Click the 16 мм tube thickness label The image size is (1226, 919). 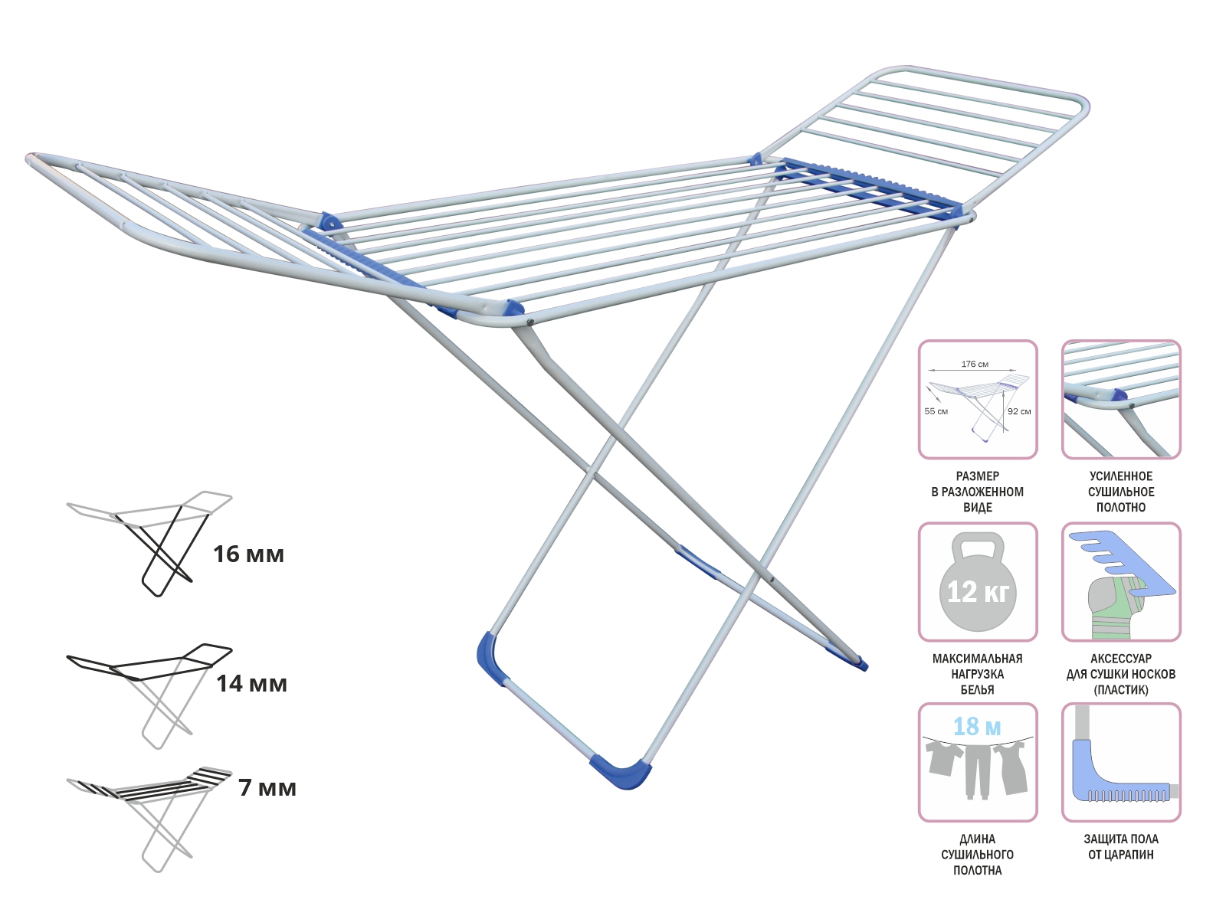(x=248, y=554)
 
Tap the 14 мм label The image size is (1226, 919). (x=251, y=684)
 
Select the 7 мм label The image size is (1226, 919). (x=267, y=787)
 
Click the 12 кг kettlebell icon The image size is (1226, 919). (x=978, y=581)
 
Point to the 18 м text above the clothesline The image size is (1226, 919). (x=977, y=726)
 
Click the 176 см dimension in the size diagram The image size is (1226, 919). (x=975, y=364)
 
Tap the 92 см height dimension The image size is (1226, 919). (x=1019, y=411)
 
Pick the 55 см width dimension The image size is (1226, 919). (x=936, y=411)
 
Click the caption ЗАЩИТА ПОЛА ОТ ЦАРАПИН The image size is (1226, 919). (x=1121, y=846)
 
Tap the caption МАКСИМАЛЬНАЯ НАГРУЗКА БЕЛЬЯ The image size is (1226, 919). (x=978, y=674)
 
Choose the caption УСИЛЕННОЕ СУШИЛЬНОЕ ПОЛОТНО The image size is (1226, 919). (x=1121, y=492)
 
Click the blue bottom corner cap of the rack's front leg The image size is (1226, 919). (x=621, y=773)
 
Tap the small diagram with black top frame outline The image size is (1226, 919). (x=149, y=696)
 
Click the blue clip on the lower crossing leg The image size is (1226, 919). (x=697, y=562)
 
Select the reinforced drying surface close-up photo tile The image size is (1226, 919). (x=1121, y=400)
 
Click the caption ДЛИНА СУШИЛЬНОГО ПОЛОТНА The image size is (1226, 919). (x=978, y=854)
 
